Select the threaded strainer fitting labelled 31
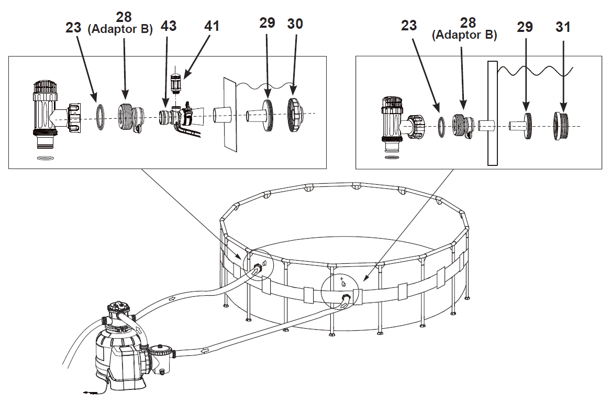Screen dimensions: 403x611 pyautogui.click(x=562, y=126)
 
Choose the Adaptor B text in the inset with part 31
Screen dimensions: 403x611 pyautogui.click(x=464, y=35)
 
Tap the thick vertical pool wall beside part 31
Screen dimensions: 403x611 pyautogui.click(x=492, y=113)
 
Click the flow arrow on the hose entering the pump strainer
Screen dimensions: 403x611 pyautogui.click(x=204, y=350)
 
